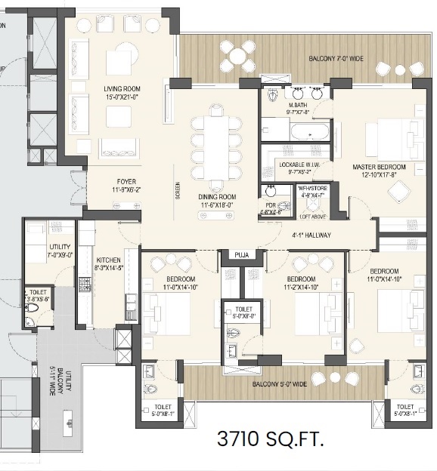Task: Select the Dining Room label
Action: coord(217,199)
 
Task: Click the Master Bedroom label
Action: coord(379,171)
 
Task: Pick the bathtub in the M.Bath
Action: coord(309,132)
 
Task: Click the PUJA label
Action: coord(241,255)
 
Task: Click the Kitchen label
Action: coord(108,262)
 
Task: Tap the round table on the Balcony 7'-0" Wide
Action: coord(240,55)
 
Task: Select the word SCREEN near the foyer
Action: coord(178,193)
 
